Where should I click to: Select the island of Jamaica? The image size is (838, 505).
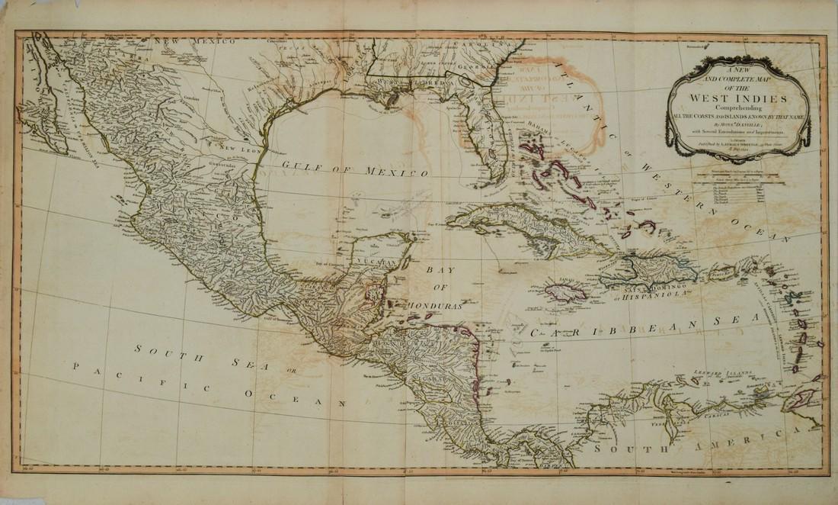(x=565, y=291)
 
